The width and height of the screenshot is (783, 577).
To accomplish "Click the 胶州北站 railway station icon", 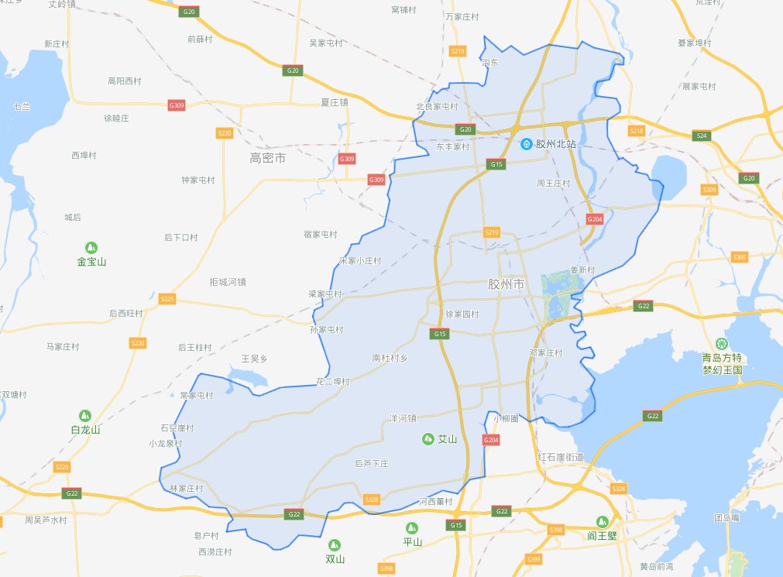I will [x=527, y=144].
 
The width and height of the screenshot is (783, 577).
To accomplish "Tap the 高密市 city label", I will [x=268, y=158].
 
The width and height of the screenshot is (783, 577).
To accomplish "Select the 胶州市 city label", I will [x=507, y=284].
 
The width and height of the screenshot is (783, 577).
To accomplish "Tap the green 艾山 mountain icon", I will [x=428, y=439].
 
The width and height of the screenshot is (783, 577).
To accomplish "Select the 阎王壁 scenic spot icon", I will [x=602, y=521].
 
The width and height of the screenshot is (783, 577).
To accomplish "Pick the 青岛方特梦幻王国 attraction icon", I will [x=722, y=343].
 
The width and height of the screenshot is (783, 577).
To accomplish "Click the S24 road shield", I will [x=702, y=136].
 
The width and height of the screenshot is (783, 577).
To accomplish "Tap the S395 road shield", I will [x=740, y=256].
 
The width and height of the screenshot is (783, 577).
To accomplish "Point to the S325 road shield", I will [x=167, y=298].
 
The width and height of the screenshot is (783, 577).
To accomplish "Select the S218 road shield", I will [x=637, y=131].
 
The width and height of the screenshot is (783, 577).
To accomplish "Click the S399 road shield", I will [x=532, y=558].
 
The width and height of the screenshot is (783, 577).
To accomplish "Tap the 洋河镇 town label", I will [x=403, y=418].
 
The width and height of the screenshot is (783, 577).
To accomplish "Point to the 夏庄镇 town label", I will [x=335, y=101].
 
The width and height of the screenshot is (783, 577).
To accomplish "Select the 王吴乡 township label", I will [x=254, y=359].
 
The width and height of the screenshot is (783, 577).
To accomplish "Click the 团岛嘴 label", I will [x=726, y=517].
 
